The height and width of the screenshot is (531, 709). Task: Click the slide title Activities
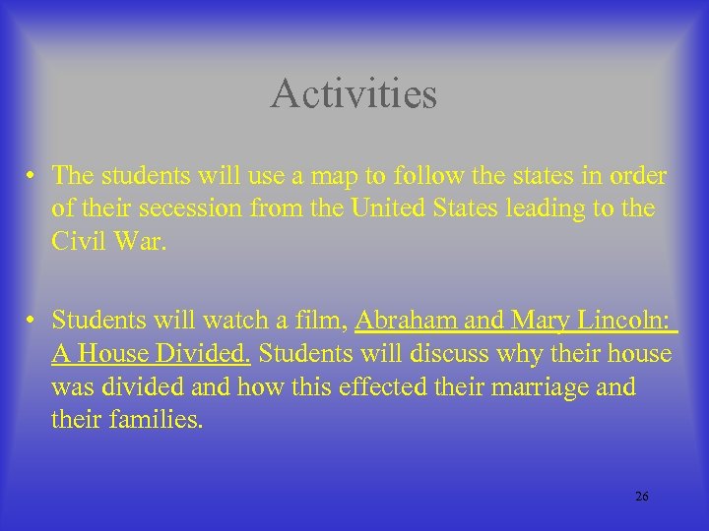(x=354, y=94)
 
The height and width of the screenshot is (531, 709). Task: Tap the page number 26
(x=641, y=497)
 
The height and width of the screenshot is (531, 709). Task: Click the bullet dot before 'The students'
(x=33, y=178)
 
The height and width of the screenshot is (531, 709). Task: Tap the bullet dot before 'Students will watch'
(x=33, y=321)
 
